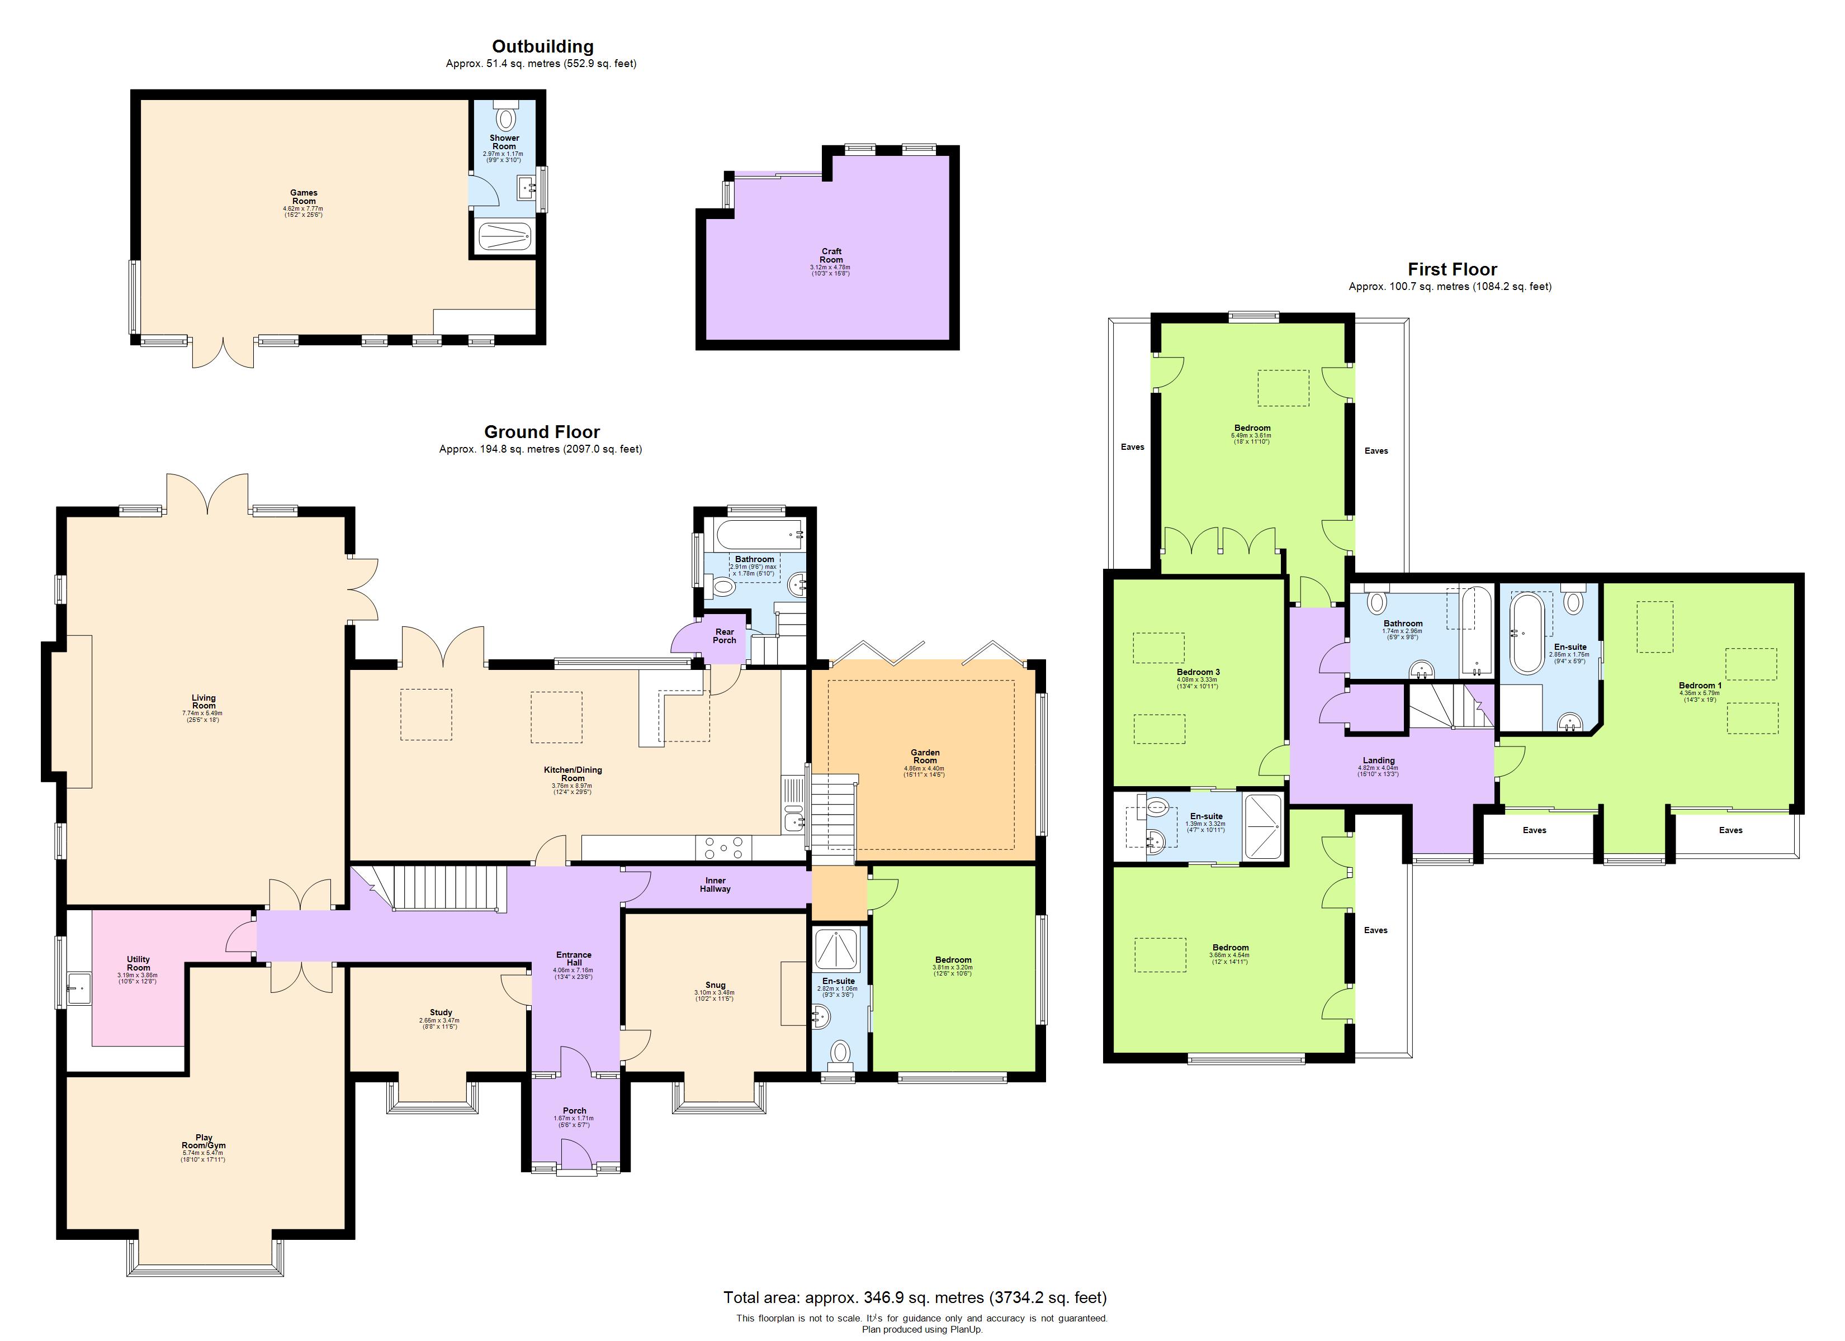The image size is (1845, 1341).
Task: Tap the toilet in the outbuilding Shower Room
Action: (506, 118)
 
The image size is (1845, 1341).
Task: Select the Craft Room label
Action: (831, 256)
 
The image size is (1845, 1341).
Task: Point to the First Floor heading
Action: (1452, 269)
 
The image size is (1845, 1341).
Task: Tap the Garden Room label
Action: (925, 757)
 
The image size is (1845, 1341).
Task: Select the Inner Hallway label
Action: (715, 885)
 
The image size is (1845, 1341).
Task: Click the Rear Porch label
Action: (724, 636)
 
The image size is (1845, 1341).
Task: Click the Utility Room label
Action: (138, 964)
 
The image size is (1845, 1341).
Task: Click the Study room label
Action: (440, 1012)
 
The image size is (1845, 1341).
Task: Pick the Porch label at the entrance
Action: (574, 1111)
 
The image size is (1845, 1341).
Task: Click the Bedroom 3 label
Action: (1198, 673)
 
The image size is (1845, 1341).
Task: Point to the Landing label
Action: (1378, 760)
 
